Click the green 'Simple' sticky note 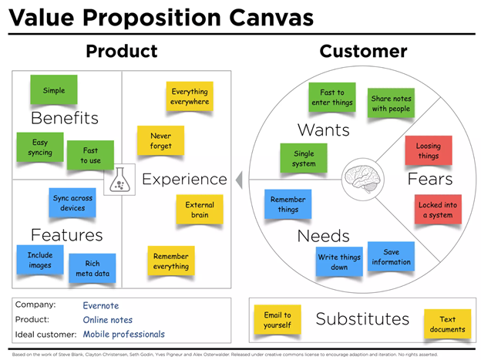pyautogui.click(x=54, y=89)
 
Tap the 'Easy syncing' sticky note pyautogui.click(x=40, y=147)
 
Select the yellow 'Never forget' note pyautogui.click(x=161, y=140)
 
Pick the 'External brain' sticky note pyautogui.click(x=200, y=210)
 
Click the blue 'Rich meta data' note pyautogui.click(x=92, y=268)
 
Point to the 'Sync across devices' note pyautogui.click(x=72, y=203)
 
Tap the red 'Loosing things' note pyautogui.click(x=429, y=150)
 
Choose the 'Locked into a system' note pyautogui.click(x=438, y=210)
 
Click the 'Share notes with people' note pyautogui.click(x=391, y=103)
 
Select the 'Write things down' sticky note pyautogui.click(x=339, y=262)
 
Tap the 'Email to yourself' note pyautogui.click(x=277, y=320)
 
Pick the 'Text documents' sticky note pyautogui.click(x=448, y=324)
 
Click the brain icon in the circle pyautogui.click(x=362, y=180)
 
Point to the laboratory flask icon pyautogui.click(x=119, y=180)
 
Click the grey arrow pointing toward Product pyautogui.click(x=239, y=180)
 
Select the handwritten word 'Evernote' pyautogui.click(x=101, y=306)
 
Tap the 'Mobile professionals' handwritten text pyautogui.click(x=124, y=335)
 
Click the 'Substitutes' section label pyautogui.click(x=362, y=319)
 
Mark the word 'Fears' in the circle pyautogui.click(x=430, y=179)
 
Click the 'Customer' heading pyautogui.click(x=364, y=51)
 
